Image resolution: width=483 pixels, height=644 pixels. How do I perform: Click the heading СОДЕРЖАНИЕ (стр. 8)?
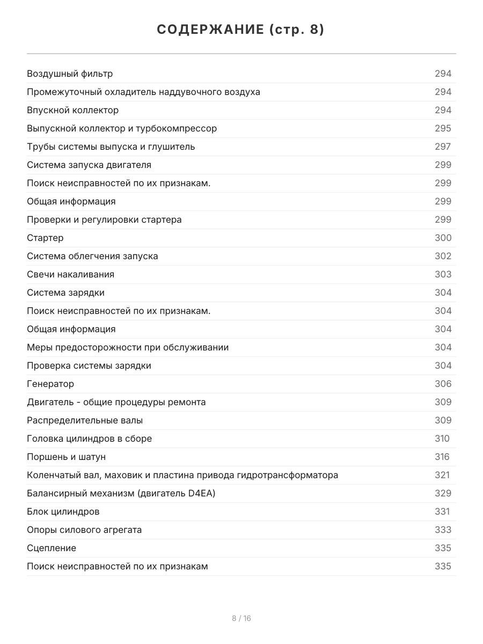point(241,30)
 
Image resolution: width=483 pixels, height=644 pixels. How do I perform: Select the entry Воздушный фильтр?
point(70,74)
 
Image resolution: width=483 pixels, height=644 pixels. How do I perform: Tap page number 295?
point(443,128)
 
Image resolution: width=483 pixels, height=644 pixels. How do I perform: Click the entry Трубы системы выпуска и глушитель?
point(111,147)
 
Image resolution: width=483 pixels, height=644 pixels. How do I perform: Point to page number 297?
point(443,147)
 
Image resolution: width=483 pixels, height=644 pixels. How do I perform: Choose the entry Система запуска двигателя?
point(89,165)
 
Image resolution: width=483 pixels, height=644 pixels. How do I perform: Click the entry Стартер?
point(45,238)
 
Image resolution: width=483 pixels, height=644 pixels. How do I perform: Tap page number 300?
point(443,238)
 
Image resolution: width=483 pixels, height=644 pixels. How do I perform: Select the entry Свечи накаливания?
point(70,274)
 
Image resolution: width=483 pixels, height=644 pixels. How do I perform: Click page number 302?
point(443,256)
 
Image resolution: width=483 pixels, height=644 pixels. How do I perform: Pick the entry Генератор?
point(50,384)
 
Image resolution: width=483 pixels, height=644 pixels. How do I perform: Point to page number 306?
point(443,384)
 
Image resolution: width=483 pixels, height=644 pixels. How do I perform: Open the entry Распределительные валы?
point(85,420)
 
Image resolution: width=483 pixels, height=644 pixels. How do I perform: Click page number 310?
point(442,438)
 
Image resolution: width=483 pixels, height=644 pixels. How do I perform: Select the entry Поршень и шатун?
point(66,457)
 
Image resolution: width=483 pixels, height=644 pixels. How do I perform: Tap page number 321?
point(442,475)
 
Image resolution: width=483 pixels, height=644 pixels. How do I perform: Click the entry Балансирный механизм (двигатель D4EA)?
point(121,493)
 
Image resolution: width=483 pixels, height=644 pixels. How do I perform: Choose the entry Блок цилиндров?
point(63,511)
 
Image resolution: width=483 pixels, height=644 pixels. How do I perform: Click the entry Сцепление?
point(52,548)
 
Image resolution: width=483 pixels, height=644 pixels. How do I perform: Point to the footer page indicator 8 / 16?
point(241,618)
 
